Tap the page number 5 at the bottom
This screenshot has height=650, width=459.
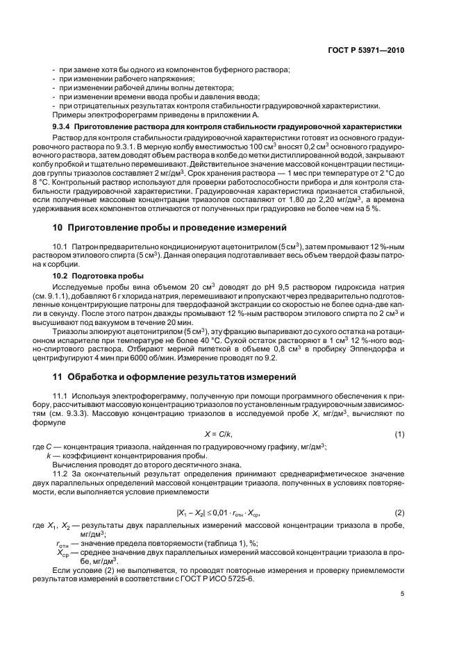[402, 594]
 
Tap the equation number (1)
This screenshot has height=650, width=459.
[399, 434]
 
